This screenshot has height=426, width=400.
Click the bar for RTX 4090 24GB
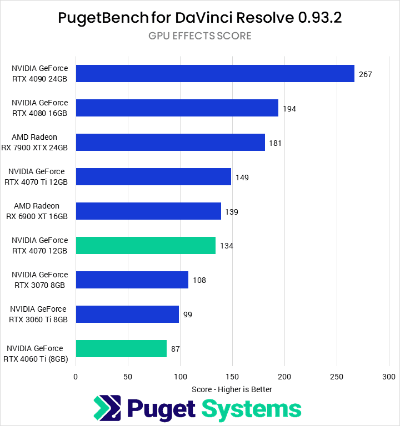[x=214, y=74]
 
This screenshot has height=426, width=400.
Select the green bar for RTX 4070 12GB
[x=146, y=246]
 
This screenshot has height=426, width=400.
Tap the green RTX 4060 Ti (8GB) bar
[x=121, y=349]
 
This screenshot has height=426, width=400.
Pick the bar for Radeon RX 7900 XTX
[x=170, y=143]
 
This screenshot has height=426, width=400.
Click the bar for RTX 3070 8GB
[x=132, y=280]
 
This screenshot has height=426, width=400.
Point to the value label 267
[x=365, y=74]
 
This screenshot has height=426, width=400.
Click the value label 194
[x=289, y=109]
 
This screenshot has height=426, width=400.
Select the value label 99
[x=188, y=315]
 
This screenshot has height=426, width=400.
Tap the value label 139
[x=232, y=212]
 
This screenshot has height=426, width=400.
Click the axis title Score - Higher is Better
[x=232, y=389]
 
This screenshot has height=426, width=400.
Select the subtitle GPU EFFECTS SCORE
[x=200, y=36]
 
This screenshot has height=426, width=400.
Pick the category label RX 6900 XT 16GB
[x=37, y=211]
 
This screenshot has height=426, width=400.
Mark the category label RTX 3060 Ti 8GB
[x=38, y=315]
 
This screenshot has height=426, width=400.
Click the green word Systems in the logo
[x=251, y=409]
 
